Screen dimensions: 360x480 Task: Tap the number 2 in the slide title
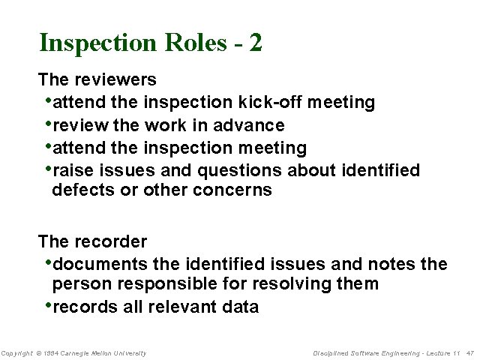(256, 43)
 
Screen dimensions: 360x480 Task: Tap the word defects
(83, 190)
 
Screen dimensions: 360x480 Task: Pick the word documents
(101, 264)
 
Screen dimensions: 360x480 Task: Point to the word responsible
(172, 284)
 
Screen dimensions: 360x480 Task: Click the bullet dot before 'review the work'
(49, 122)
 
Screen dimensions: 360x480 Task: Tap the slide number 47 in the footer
(470, 353)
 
